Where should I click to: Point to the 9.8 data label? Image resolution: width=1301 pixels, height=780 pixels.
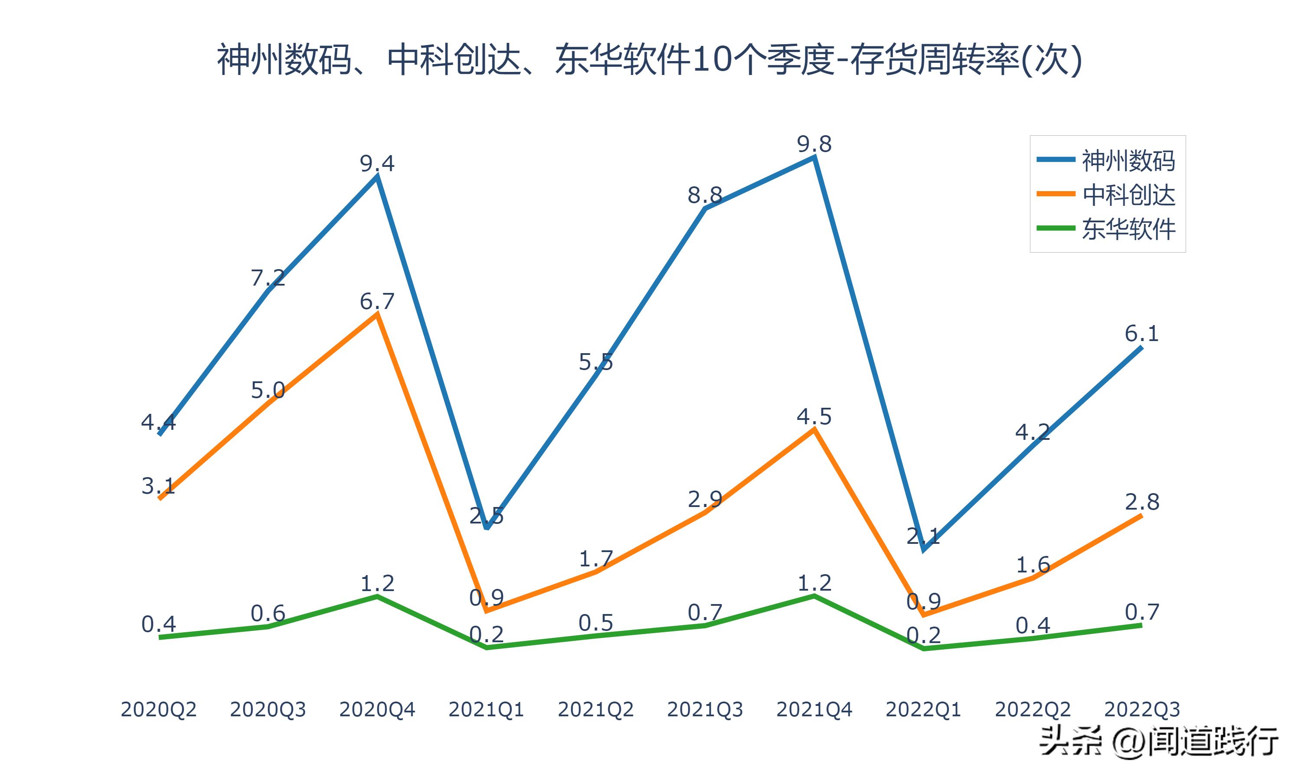(814, 144)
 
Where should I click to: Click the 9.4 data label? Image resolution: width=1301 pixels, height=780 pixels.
(377, 163)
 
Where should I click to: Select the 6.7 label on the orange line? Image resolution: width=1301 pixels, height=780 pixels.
(377, 301)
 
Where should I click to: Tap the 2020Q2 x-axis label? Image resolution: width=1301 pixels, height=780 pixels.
(158, 709)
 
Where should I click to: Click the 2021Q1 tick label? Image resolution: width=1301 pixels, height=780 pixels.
(487, 709)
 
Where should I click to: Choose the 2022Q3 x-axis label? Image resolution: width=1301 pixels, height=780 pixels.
(1142, 709)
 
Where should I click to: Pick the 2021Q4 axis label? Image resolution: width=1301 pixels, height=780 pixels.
(814, 709)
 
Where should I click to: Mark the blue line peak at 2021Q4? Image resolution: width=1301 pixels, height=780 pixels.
(814, 157)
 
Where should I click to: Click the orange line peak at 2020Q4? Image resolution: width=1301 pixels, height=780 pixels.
(377, 314)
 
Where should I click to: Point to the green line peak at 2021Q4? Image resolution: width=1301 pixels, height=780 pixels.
(814, 596)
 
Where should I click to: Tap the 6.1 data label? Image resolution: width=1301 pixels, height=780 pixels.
(1142, 333)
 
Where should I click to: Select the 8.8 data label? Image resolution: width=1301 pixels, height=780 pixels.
(705, 195)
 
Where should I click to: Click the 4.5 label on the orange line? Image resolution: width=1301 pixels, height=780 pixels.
(814, 417)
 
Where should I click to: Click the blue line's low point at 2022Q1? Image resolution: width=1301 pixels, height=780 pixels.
(923, 550)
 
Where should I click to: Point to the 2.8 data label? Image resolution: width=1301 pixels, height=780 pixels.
(1142, 502)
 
